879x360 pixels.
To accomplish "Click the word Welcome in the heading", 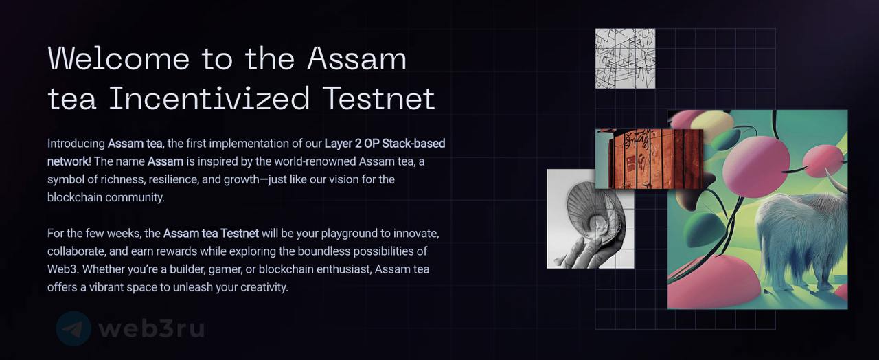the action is tap(119, 58).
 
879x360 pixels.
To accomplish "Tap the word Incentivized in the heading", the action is tap(209, 98).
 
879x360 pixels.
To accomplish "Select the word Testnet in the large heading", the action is tap(379, 98).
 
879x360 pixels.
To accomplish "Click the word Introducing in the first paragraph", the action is tap(76, 144).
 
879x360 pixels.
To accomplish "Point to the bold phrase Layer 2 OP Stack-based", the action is tap(385, 144).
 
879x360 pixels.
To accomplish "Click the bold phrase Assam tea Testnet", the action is tap(211, 233).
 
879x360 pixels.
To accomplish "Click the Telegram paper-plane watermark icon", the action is tap(73, 329).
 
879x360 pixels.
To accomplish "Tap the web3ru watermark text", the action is tap(151, 329).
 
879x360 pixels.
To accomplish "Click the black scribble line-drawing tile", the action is tap(625, 58).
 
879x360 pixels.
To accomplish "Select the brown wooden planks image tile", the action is tap(649, 159).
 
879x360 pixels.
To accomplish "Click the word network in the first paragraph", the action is tap(68, 161).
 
